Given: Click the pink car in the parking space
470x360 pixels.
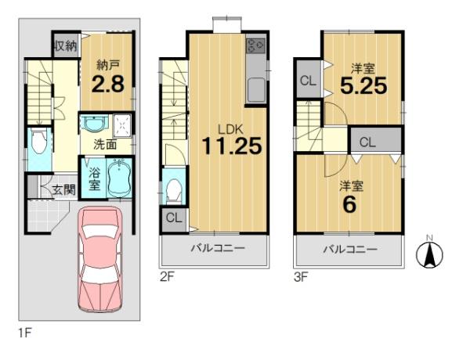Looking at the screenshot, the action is (100, 259).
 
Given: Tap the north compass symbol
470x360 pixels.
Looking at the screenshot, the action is (430, 254).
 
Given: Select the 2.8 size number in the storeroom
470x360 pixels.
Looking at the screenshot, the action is (108, 84).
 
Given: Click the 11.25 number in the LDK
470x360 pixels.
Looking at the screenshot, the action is (232, 146).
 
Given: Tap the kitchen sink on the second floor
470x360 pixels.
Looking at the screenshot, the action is (255, 90).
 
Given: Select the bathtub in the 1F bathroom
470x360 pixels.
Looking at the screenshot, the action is (120, 178).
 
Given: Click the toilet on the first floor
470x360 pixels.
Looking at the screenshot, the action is (39, 142).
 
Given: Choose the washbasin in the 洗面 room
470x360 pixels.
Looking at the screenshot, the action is (94, 124).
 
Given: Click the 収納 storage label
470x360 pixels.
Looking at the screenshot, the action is (66, 46).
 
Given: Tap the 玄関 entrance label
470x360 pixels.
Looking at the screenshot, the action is (63, 190).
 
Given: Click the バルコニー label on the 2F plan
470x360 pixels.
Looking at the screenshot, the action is (219, 248).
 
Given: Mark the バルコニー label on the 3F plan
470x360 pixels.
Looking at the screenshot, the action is (350, 249).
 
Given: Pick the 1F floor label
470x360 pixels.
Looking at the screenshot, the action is (25, 333).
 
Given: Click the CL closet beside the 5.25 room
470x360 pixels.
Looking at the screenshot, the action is (309, 81).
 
